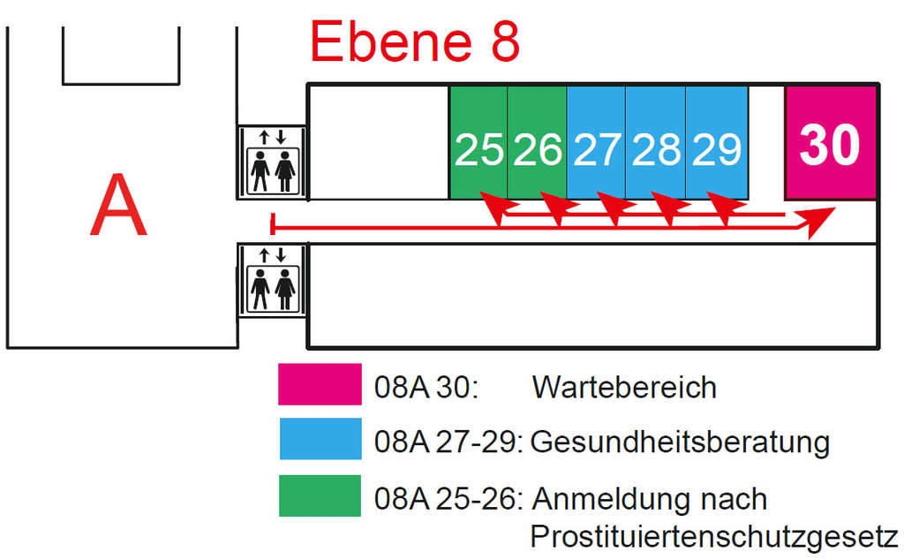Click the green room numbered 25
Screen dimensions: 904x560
tap(478, 142)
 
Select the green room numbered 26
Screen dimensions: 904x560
tap(537, 142)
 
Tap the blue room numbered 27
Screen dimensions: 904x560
tap(596, 142)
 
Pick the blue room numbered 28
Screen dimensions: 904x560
tap(656, 142)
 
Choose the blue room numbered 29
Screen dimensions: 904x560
tap(717, 142)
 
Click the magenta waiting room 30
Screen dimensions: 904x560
tap(831, 143)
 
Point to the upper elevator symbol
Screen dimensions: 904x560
tap(272, 163)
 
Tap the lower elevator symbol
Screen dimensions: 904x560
tap(272, 280)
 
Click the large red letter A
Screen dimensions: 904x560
tap(119, 205)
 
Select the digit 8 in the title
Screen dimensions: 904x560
tap(505, 42)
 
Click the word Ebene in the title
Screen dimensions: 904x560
tap(391, 42)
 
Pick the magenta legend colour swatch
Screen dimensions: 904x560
tap(320, 384)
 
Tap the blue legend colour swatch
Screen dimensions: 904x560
tap(320, 439)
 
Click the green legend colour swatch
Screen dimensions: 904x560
tap(320, 496)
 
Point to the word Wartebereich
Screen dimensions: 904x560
tap(624, 387)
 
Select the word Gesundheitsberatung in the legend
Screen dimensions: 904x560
tap(680, 443)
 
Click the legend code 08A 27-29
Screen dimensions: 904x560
tap(448, 443)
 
